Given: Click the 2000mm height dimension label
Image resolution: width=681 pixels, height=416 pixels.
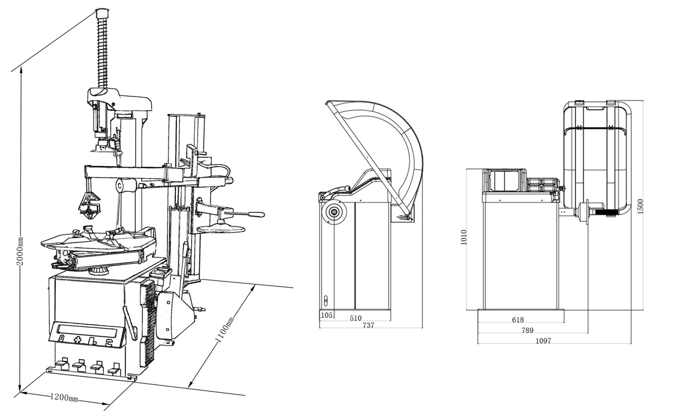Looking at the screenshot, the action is coord(20,251).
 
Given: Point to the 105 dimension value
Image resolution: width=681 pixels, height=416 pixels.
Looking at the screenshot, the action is coord(326,315).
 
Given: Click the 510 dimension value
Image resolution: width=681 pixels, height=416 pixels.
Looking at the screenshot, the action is coord(355,318).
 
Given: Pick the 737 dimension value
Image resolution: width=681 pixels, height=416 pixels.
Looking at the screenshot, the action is coord(368,325).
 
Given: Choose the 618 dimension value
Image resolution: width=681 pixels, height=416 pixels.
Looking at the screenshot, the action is coord(518,320).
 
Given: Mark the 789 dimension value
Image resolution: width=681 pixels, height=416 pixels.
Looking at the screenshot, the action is coord(527,330).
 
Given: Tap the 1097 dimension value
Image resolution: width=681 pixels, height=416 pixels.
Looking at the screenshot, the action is coord(543,341).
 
